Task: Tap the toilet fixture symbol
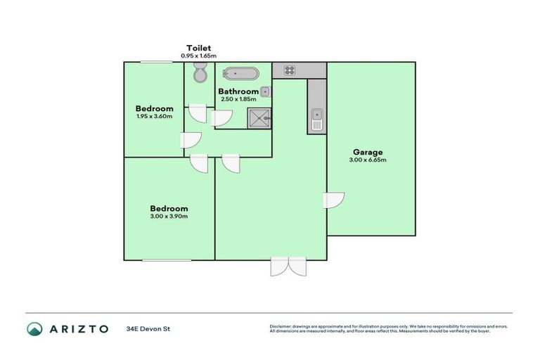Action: click(x=199, y=72)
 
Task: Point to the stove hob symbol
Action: click(x=290, y=70)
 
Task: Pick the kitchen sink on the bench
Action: click(x=317, y=118)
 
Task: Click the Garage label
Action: click(x=367, y=152)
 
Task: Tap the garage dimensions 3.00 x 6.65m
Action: click(x=367, y=160)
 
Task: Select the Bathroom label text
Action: click(x=238, y=91)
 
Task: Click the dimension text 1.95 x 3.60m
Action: click(x=154, y=117)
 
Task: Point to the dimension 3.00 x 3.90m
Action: click(x=169, y=217)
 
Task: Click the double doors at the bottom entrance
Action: click(x=288, y=266)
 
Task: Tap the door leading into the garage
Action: click(x=333, y=200)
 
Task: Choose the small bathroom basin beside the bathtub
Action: click(x=266, y=91)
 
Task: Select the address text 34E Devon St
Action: click(x=148, y=328)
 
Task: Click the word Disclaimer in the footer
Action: click(x=280, y=326)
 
